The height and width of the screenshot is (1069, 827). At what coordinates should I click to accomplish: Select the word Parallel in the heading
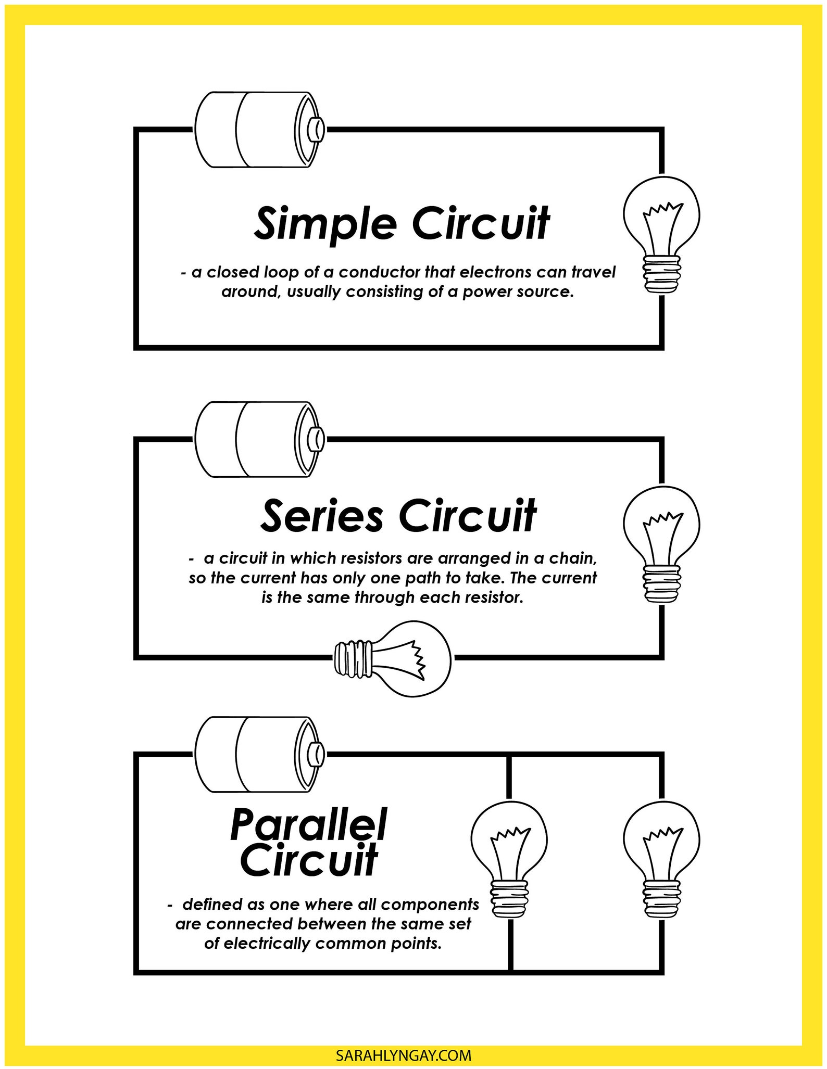[308, 824]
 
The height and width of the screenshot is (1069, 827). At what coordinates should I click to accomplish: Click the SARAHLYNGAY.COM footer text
[404, 1055]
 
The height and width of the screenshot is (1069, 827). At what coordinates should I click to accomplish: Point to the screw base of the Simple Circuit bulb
[661, 273]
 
